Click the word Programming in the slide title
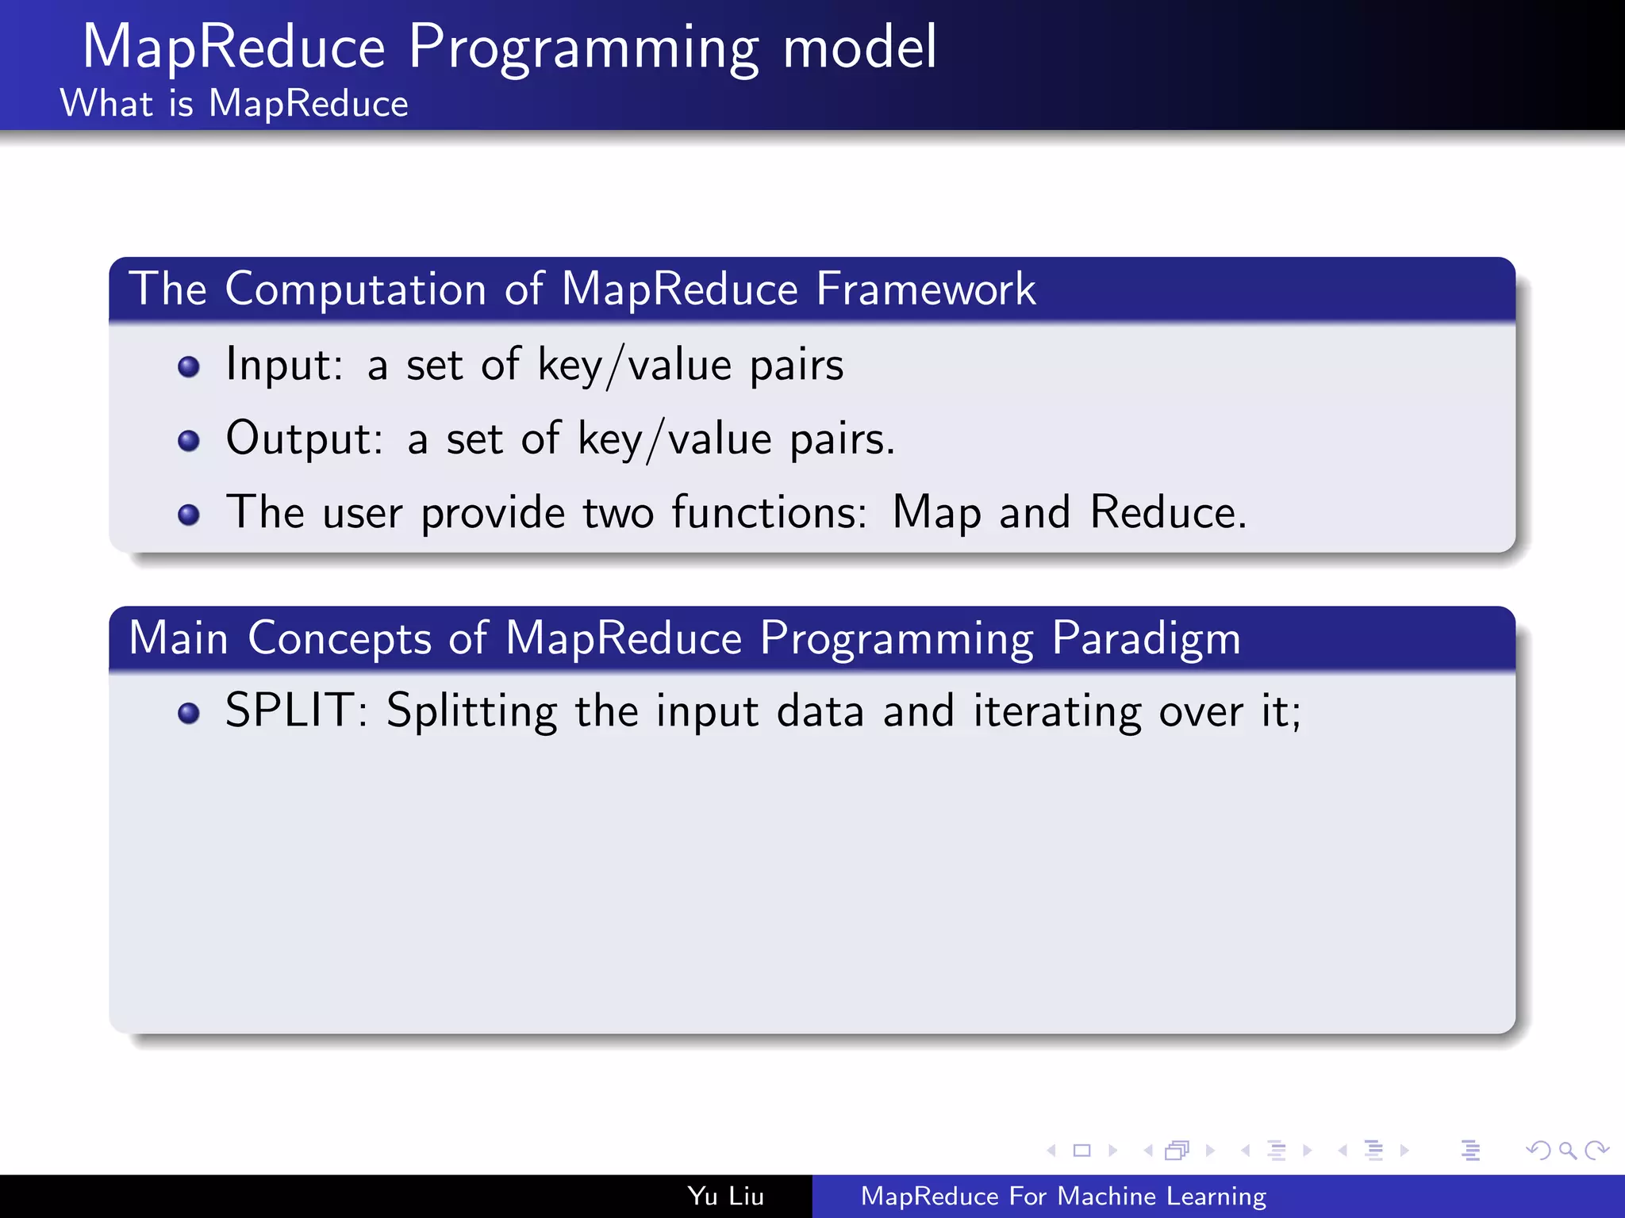click(x=584, y=49)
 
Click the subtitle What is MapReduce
click(x=234, y=104)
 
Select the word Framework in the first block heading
click(x=925, y=289)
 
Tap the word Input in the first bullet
click(x=283, y=366)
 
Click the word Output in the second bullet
click(x=304, y=439)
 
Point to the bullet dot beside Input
click(x=189, y=367)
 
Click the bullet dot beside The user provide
click(x=189, y=515)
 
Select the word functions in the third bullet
click(x=768, y=512)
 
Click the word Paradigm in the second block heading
click(x=1146, y=638)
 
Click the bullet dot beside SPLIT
click(x=189, y=714)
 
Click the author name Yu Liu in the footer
click(x=725, y=1196)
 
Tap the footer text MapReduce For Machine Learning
click(x=1063, y=1196)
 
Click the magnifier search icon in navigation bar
click(x=1567, y=1150)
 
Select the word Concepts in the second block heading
click(x=339, y=638)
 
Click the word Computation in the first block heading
click(x=355, y=289)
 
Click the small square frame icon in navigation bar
click(x=1081, y=1150)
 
